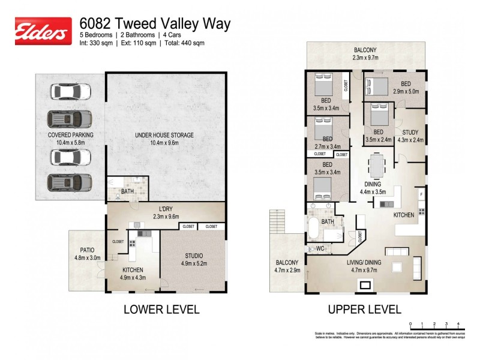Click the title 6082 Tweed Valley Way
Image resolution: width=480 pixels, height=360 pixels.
coord(155,23)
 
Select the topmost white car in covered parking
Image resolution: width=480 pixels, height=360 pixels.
coord(70,91)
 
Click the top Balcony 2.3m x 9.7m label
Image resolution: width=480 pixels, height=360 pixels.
coord(365,54)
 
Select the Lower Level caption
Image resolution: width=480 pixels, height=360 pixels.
coord(161,310)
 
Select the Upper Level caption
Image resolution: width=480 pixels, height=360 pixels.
coord(364,310)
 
